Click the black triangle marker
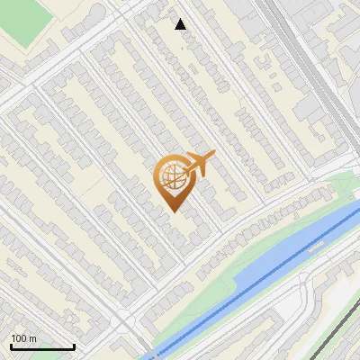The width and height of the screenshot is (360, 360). [x=181, y=24]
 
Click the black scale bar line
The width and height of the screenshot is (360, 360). [x=41, y=346]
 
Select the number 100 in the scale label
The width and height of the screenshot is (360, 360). [x=17, y=338]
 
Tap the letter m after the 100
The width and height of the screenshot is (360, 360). [x=31, y=338]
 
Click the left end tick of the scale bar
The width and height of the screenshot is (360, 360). [x=10, y=345]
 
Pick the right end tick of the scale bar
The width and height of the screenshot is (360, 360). [x=74, y=345]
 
